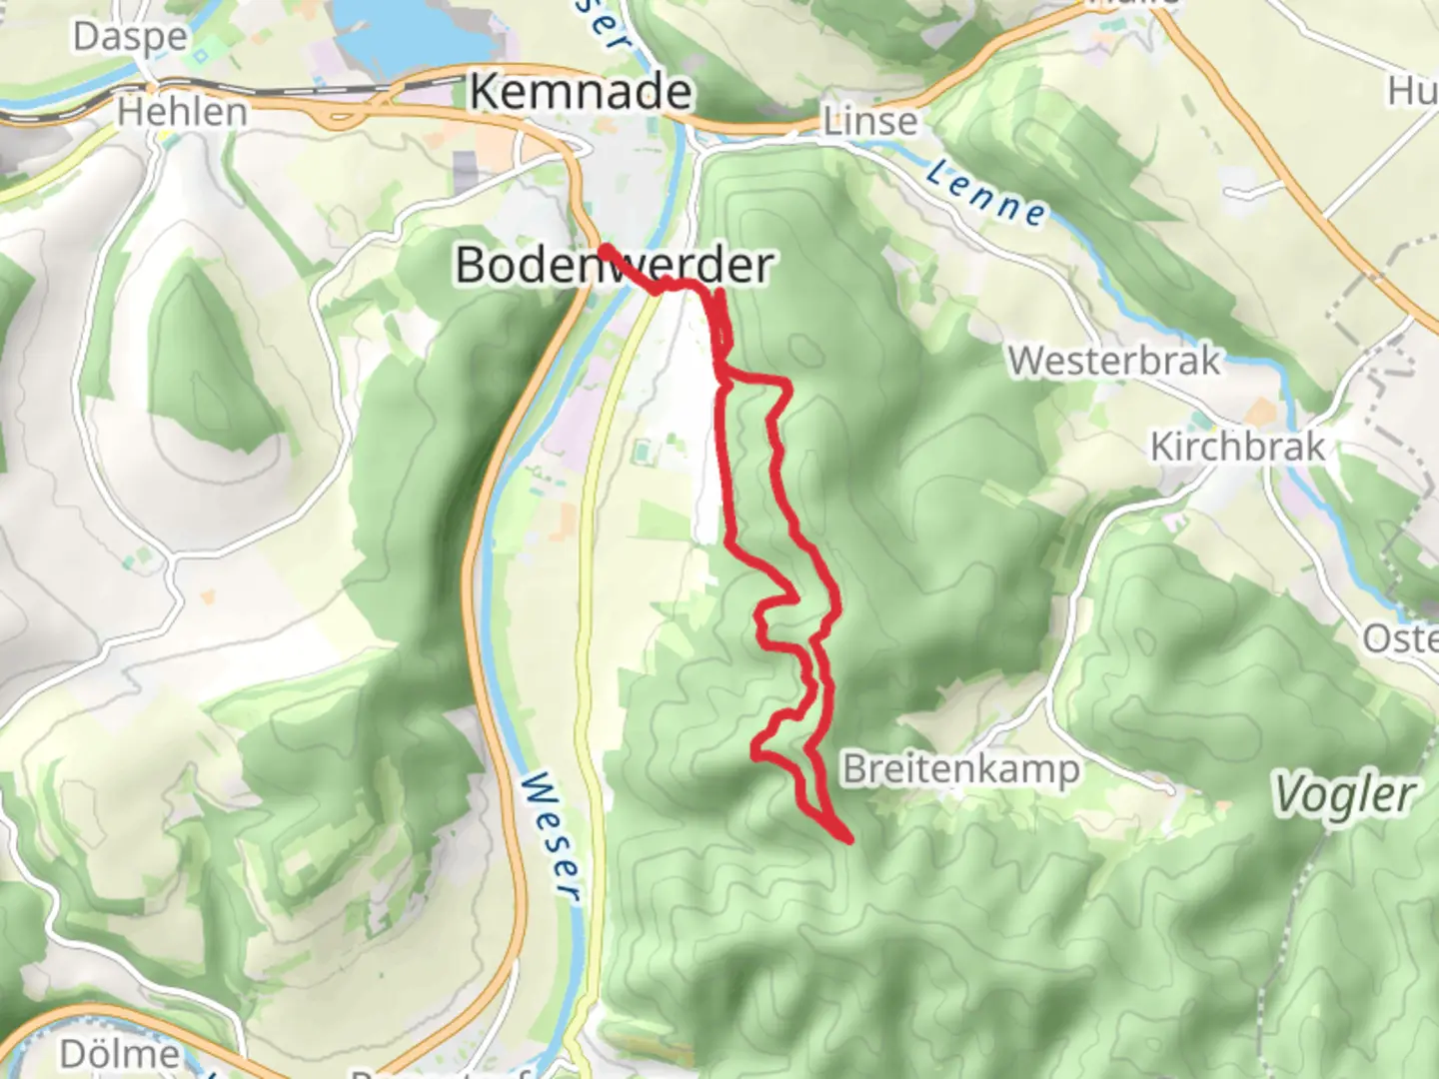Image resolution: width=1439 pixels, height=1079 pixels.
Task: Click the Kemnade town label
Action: [581, 93]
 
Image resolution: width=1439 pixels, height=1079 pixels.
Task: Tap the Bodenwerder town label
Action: [614, 266]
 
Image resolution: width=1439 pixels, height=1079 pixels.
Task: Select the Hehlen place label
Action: [182, 112]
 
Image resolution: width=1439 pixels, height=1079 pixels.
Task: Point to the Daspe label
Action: [130, 37]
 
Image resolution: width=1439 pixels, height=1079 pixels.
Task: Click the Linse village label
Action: [869, 122]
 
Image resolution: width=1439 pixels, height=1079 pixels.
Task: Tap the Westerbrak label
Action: [1114, 361]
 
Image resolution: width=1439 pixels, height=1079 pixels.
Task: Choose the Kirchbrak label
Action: [1237, 447]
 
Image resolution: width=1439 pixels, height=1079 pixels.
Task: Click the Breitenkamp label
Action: [961, 770]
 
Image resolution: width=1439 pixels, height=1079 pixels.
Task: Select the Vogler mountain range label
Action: [1344, 796]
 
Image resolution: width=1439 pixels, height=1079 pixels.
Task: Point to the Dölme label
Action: [120, 1054]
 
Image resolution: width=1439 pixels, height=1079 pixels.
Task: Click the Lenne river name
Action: [985, 193]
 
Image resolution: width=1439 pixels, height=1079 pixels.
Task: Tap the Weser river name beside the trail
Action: [551, 835]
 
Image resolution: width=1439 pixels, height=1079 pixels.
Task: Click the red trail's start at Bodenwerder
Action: [605, 248]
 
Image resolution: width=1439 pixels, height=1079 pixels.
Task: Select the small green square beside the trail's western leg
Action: [641, 453]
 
